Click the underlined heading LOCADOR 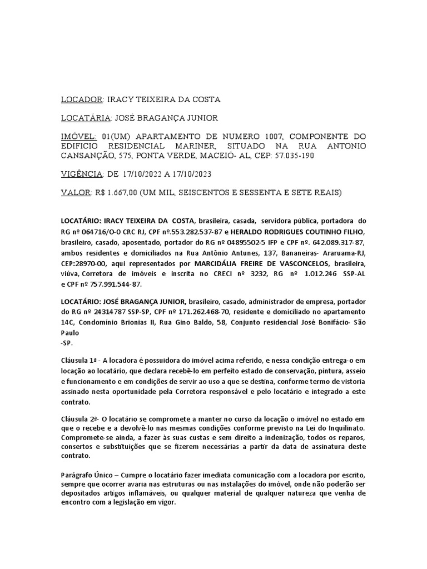[x=81, y=99]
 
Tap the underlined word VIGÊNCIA [x=81, y=174]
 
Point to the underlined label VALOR [x=75, y=193]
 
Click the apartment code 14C [x=68, y=322]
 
